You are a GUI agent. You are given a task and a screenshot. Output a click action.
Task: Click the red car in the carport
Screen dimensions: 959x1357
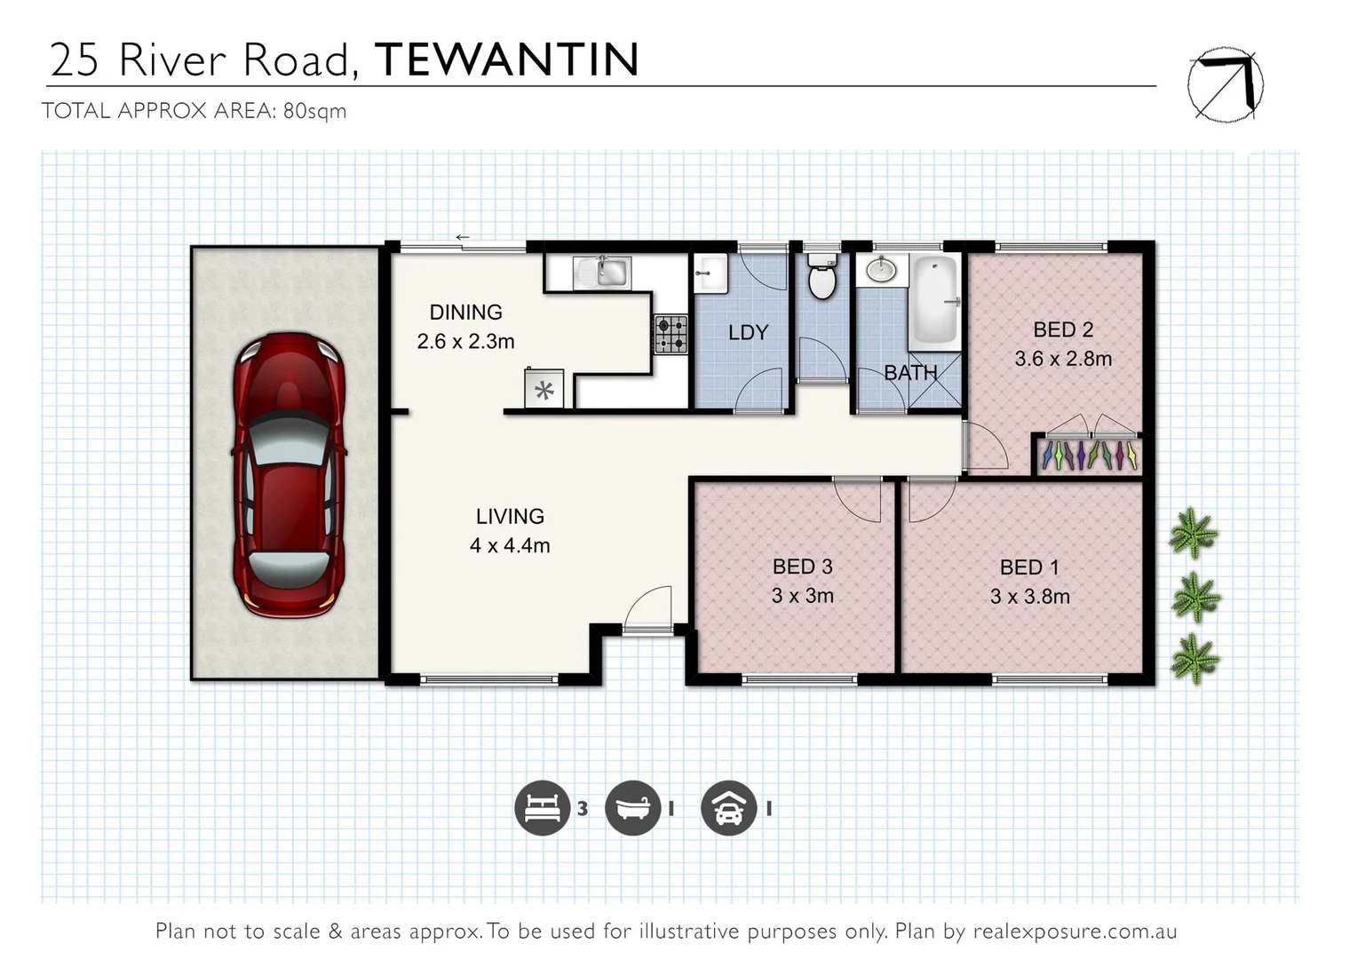tap(289, 474)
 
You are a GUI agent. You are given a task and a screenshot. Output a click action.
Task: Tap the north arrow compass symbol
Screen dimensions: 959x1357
tap(1226, 84)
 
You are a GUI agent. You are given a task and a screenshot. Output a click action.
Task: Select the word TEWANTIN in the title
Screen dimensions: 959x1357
tap(507, 59)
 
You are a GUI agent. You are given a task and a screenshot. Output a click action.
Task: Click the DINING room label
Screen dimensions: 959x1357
tap(465, 313)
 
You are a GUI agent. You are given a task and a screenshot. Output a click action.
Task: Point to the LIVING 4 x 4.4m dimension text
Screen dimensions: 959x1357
tap(510, 546)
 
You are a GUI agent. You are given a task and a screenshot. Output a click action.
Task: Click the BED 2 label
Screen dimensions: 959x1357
tap(1063, 329)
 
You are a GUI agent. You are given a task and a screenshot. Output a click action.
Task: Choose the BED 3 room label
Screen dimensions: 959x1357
tap(802, 567)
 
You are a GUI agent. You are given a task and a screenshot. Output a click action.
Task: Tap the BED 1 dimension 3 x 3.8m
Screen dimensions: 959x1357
tap(1029, 597)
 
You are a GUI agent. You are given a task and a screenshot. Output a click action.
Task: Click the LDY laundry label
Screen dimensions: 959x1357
tap(748, 332)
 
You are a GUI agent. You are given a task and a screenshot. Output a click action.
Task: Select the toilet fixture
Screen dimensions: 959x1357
tap(822, 277)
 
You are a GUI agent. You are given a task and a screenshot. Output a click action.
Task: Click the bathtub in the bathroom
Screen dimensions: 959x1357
tap(933, 302)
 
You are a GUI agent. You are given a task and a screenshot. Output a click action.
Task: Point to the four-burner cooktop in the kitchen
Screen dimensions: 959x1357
tap(671, 335)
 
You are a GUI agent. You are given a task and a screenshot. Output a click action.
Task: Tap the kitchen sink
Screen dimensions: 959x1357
tap(602, 272)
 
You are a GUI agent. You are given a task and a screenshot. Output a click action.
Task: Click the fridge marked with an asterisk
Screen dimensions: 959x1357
tap(544, 390)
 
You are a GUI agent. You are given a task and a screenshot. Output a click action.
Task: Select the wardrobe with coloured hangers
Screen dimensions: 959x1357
tap(1089, 455)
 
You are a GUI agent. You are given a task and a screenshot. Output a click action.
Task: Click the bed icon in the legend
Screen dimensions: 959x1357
tap(542, 808)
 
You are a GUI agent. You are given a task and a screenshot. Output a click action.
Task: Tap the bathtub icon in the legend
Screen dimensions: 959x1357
tap(632, 808)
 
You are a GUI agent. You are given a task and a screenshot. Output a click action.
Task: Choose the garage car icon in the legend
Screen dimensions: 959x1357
tap(728, 808)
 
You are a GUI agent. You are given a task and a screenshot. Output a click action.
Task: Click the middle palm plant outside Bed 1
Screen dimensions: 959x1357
tap(1195, 597)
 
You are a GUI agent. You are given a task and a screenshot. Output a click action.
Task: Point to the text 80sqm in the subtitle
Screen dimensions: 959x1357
tap(314, 111)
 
